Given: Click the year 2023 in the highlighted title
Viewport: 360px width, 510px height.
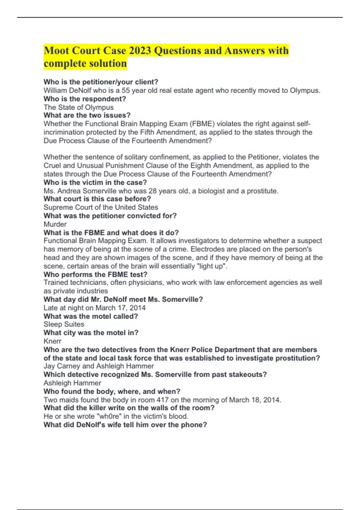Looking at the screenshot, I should point(140,50).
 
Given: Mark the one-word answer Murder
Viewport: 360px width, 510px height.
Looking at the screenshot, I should point(55,224).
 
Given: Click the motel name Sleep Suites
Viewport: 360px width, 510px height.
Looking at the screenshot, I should point(64,324).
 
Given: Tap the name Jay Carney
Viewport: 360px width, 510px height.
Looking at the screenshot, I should point(62,366).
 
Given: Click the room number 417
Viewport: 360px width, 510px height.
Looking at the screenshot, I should point(163,400).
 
